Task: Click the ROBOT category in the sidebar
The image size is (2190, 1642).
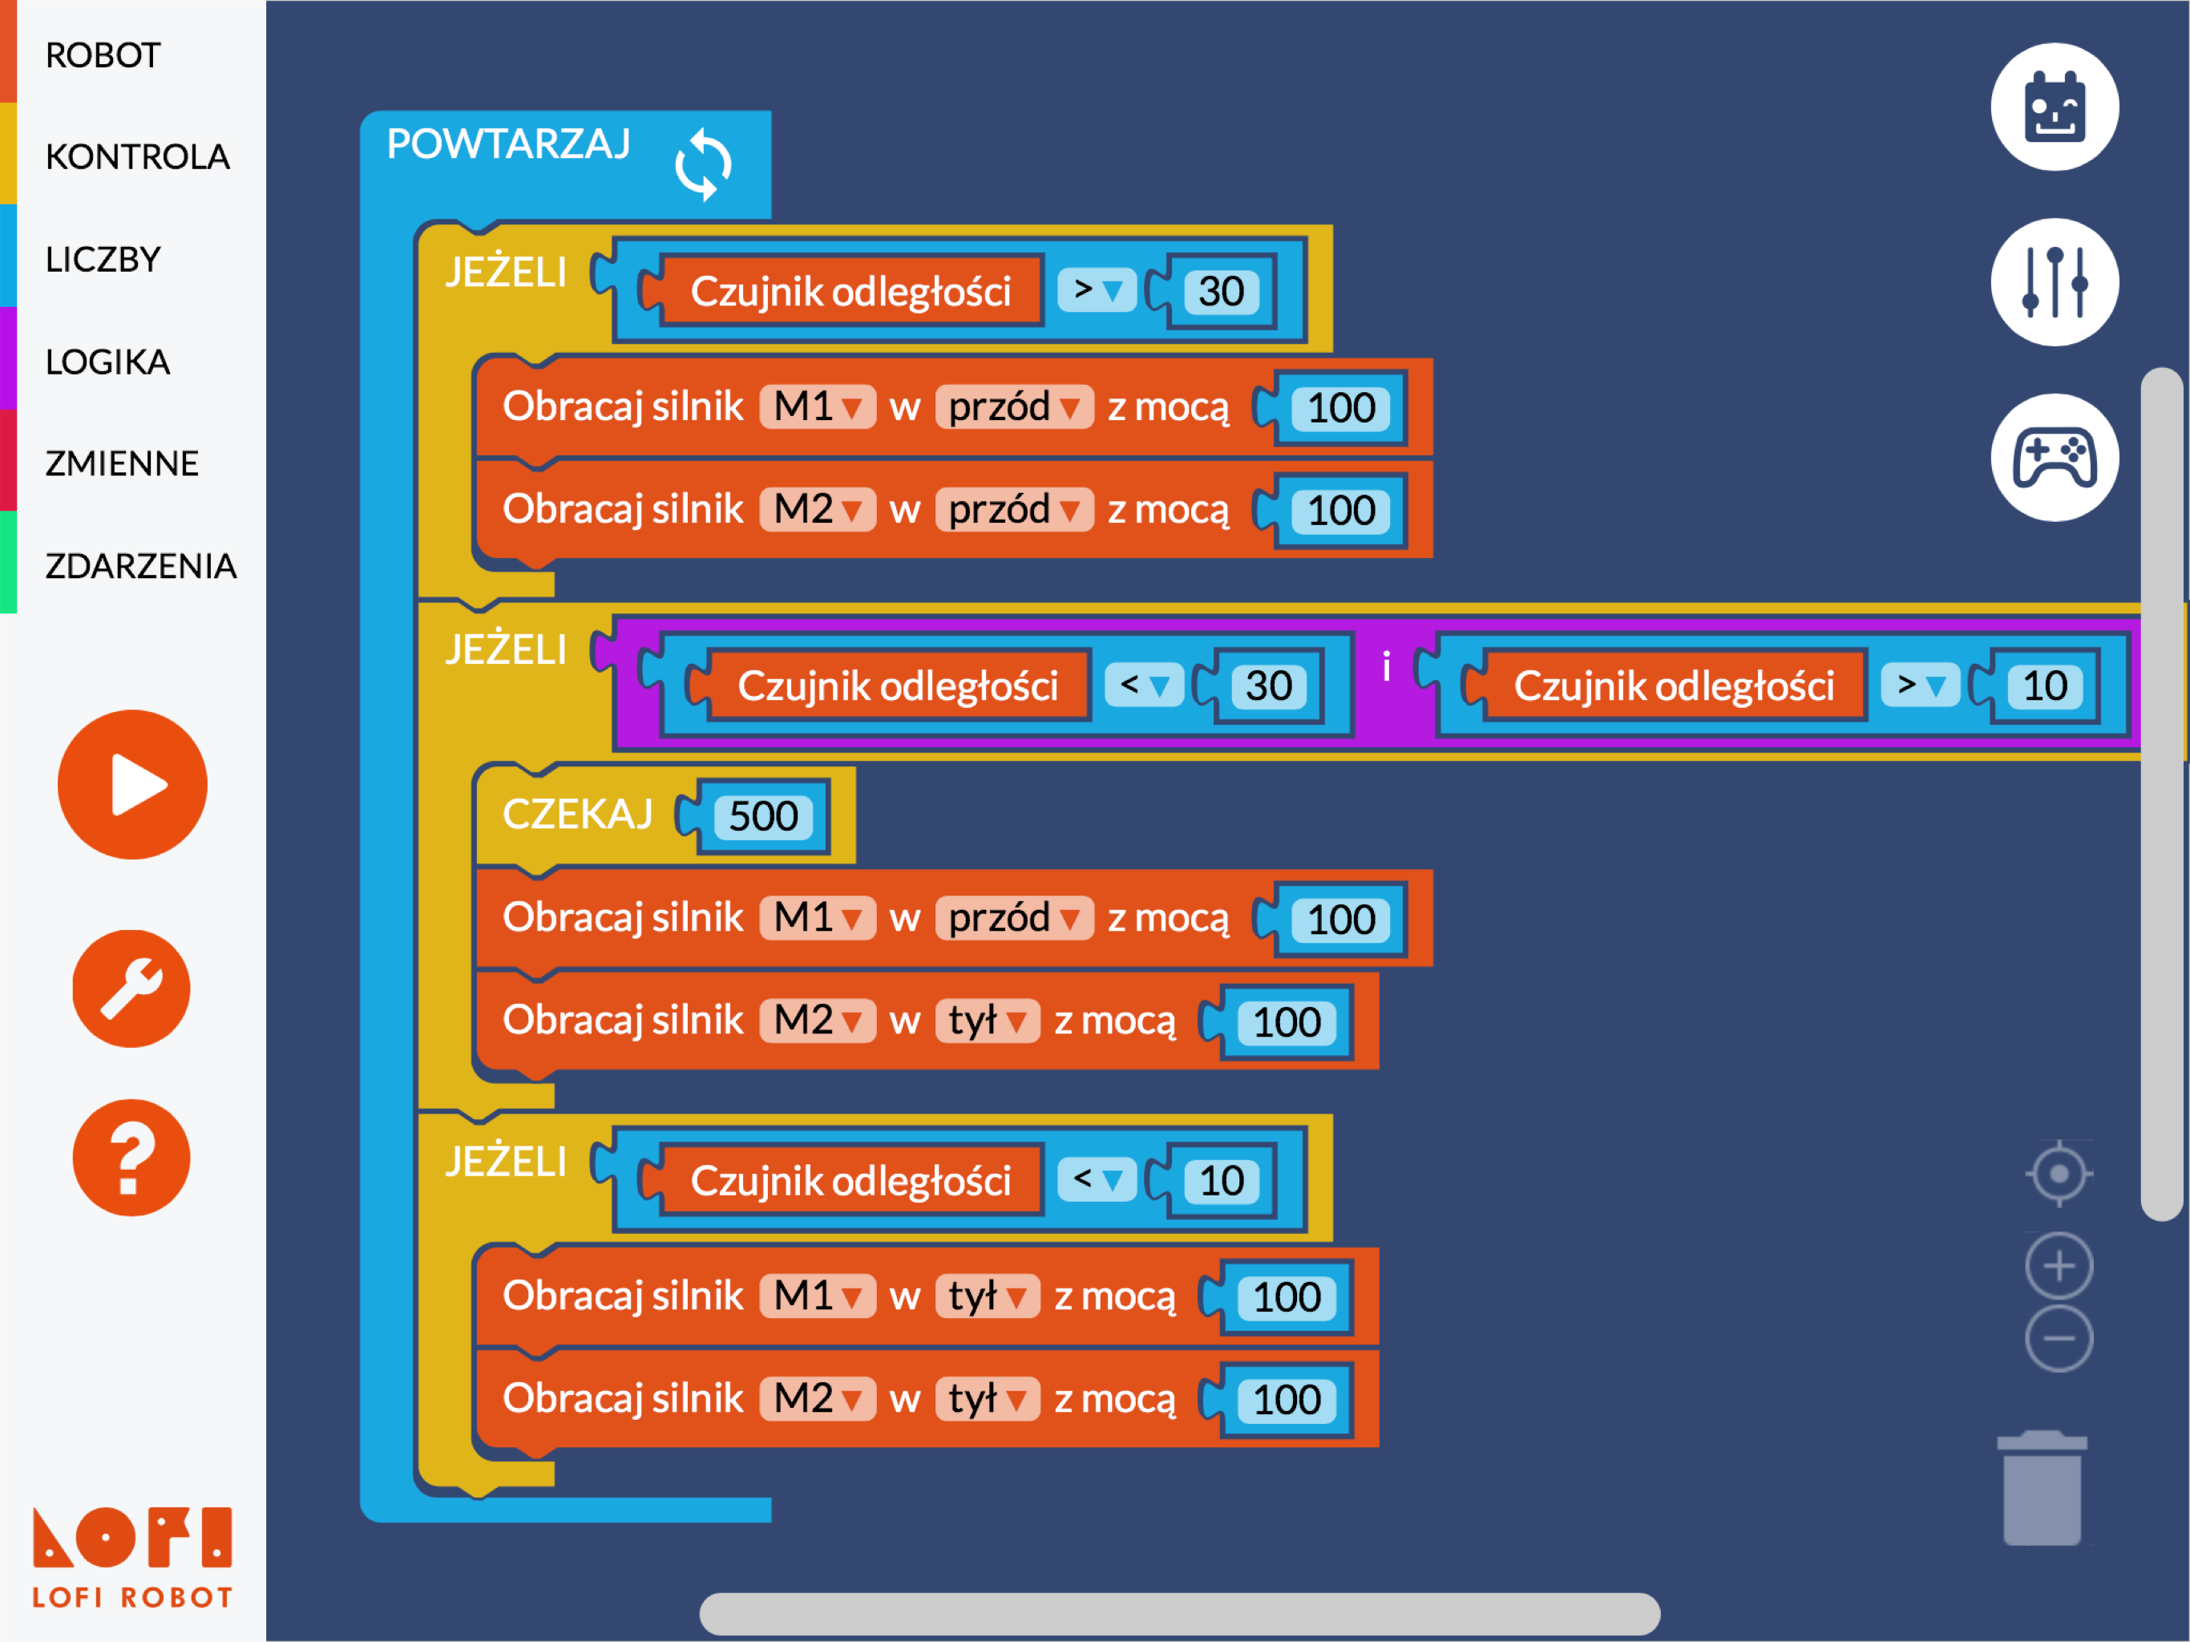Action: (103, 55)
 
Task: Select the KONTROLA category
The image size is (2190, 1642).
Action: (138, 156)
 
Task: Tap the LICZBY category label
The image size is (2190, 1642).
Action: (103, 260)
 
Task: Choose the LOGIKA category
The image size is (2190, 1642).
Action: (108, 362)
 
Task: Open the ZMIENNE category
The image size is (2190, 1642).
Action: (122, 463)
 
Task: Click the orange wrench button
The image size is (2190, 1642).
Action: (131, 989)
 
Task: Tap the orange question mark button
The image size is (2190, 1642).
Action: (131, 1158)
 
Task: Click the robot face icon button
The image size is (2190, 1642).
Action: (2055, 107)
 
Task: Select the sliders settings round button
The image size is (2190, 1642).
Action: (2055, 282)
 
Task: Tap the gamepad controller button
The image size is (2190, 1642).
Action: (2055, 458)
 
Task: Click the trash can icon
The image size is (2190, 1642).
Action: (2042, 1487)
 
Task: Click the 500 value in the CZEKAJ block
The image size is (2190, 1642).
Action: (763, 816)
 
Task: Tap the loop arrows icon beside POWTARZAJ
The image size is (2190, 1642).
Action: (703, 164)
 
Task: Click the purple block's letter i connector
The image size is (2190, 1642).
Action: (1386, 669)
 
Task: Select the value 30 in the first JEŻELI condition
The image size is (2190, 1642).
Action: (1221, 291)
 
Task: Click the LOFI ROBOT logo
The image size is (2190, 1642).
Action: (133, 1557)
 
